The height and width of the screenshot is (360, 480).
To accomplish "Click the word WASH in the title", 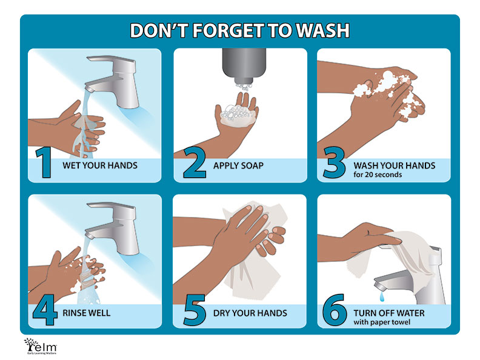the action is [323, 30].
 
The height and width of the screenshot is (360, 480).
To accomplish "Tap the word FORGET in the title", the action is [227, 30].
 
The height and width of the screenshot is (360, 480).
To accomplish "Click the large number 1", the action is [44, 162].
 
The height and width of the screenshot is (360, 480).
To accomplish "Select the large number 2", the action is [195, 162].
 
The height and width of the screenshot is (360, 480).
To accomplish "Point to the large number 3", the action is [335, 162].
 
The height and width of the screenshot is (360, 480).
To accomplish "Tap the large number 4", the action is [45, 310].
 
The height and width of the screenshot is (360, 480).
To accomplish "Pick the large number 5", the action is [195, 310].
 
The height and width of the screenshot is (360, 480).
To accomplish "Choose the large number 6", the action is [335, 310].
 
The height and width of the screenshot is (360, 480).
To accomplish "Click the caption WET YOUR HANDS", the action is [100, 165].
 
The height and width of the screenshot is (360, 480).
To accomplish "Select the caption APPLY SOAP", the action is [238, 165].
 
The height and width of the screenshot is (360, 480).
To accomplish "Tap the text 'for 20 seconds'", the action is [378, 175].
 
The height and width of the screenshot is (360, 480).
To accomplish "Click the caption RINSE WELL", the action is [86, 313].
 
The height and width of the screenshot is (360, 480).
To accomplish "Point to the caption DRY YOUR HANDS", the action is [250, 313].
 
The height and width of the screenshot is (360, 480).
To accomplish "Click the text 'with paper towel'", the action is [382, 322].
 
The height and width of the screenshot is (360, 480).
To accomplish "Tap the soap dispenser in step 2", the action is [244, 66].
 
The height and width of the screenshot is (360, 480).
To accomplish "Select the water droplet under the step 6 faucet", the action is [382, 296].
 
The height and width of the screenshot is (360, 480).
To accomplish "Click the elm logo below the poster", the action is [41, 346].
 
